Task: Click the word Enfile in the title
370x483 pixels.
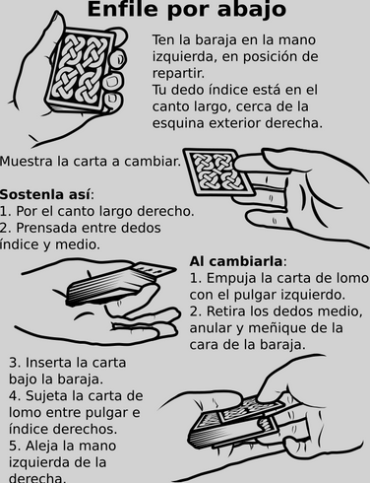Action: (122, 9)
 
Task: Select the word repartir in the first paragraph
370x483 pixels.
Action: (178, 74)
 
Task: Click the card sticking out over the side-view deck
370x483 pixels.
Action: (154, 268)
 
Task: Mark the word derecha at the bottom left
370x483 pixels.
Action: (37, 477)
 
